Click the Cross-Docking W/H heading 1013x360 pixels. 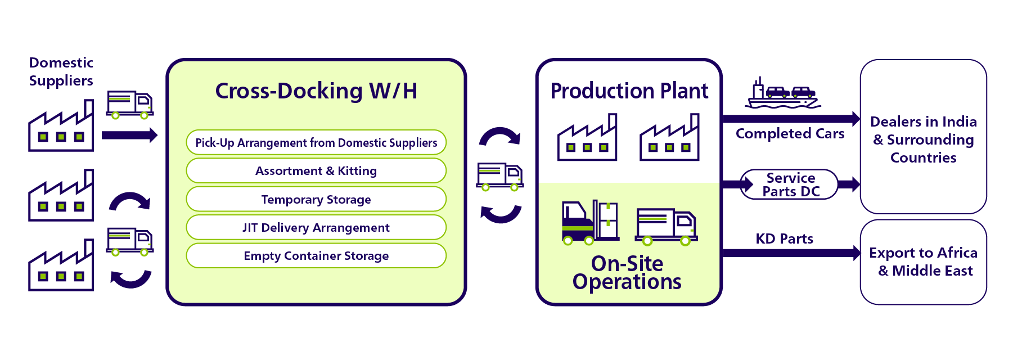tap(316, 91)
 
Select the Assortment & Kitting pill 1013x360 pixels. tap(316, 171)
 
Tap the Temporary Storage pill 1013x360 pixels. tap(316, 200)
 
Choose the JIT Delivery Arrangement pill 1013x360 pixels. tap(316, 228)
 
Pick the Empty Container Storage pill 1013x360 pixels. tap(316, 256)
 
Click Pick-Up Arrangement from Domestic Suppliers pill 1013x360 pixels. tap(316, 143)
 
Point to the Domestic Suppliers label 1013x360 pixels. tap(61, 71)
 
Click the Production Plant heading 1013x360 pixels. tap(629, 91)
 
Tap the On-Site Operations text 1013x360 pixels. tap(627, 273)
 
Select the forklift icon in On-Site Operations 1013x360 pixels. tap(590, 223)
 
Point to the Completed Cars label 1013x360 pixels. tap(790, 134)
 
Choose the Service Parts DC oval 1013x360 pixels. tap(790, 184)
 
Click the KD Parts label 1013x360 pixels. tap(784, 239)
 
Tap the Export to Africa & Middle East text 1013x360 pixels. tap(923, 262)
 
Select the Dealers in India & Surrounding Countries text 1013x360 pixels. tap(923, 139)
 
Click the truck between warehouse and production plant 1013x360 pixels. tap(500, 176)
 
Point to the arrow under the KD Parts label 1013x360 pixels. tap(790, 253)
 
